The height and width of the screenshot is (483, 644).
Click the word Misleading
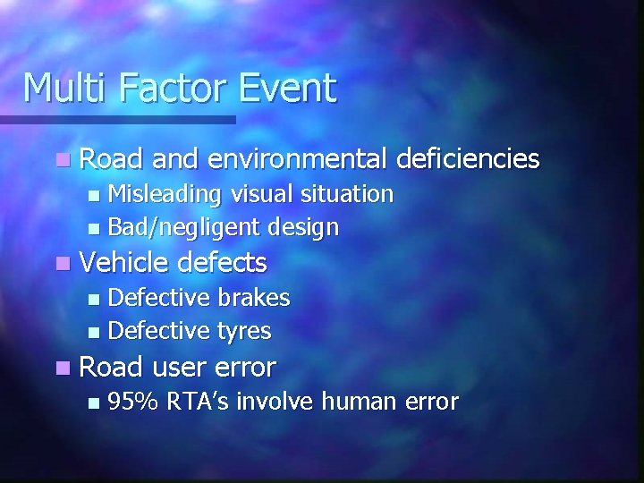[165, 194]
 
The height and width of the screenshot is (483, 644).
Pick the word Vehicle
[124, 263]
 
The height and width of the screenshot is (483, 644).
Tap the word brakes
[254, 297]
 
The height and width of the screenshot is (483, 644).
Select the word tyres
[244, 332]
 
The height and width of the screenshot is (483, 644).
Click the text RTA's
[199, 402]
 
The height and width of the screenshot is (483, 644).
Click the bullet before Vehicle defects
[61, 264]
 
